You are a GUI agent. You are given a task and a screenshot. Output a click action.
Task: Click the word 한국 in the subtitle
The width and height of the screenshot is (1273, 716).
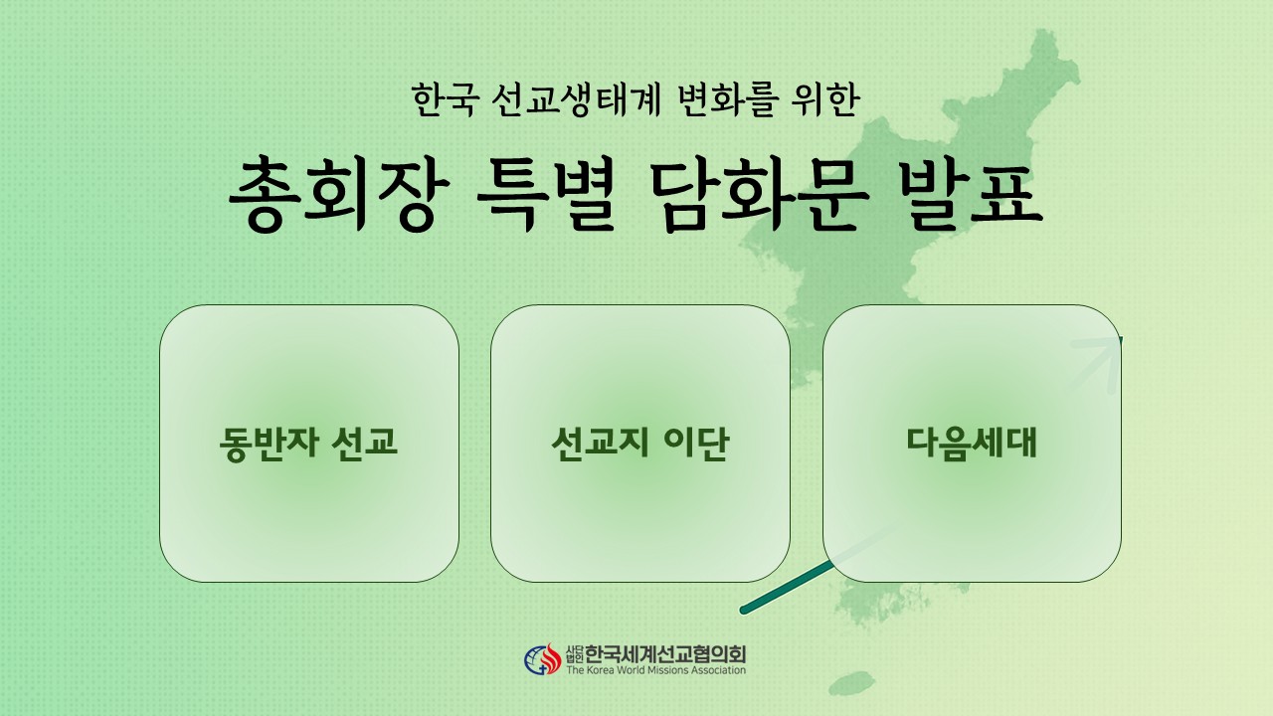(x=443, y=99)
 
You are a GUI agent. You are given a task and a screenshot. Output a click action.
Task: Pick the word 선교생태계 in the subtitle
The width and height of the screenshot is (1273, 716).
(x=575, y=99)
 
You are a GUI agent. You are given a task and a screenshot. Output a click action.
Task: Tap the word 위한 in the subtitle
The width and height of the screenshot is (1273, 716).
(x=824, y=99)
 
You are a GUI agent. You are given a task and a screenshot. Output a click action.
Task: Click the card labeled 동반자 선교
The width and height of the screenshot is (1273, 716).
(x=309, y=444)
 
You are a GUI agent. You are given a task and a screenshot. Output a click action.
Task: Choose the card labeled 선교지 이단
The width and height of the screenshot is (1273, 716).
(x=640, y=444)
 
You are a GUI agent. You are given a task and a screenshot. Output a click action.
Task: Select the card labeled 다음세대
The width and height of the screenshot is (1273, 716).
(x=973, y=444)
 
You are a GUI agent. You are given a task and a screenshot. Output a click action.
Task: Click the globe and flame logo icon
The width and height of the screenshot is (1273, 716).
(x=542, y=659)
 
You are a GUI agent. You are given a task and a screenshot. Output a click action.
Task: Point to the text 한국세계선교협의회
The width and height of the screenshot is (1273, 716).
(x=665, y=654)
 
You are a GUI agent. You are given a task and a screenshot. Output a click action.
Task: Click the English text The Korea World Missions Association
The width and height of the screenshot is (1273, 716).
(x=655, y=670)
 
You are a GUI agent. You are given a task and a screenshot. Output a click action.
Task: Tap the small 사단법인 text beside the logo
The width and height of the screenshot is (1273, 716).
(x=575, y=654)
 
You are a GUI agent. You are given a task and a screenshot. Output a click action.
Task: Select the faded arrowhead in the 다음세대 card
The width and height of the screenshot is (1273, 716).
(x=1099, y=363)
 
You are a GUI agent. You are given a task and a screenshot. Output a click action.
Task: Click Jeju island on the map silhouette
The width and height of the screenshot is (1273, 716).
(x=851, y=683)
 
